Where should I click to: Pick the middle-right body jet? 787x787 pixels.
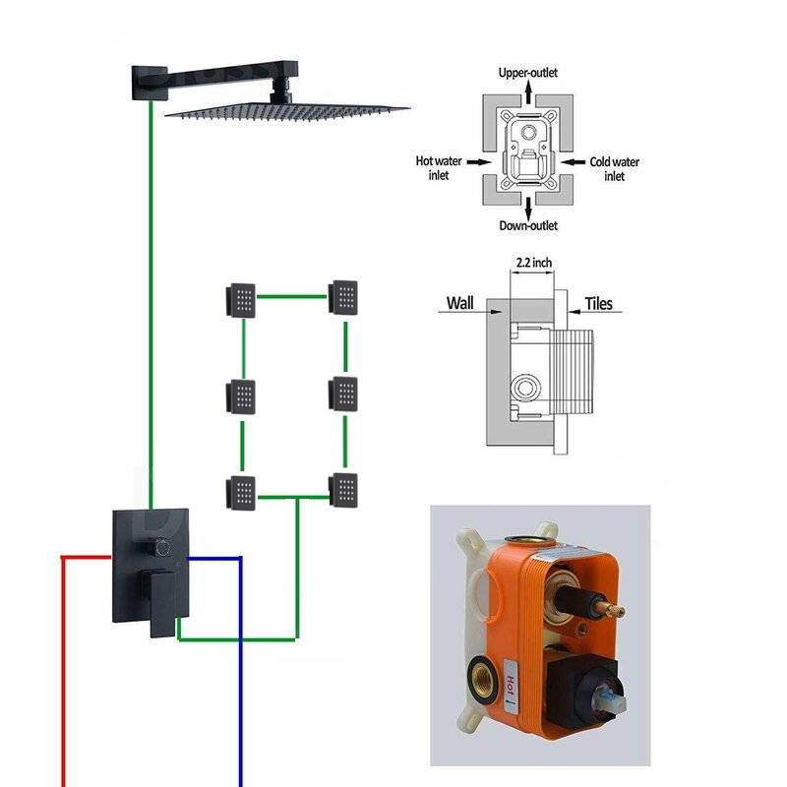click(344, 393)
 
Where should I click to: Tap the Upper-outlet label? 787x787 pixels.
click(528, 72)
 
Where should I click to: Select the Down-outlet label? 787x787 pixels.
click(528, 226)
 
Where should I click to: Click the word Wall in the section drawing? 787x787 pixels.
click(460, 304)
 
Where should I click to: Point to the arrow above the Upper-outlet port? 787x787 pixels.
click(528, 90)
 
